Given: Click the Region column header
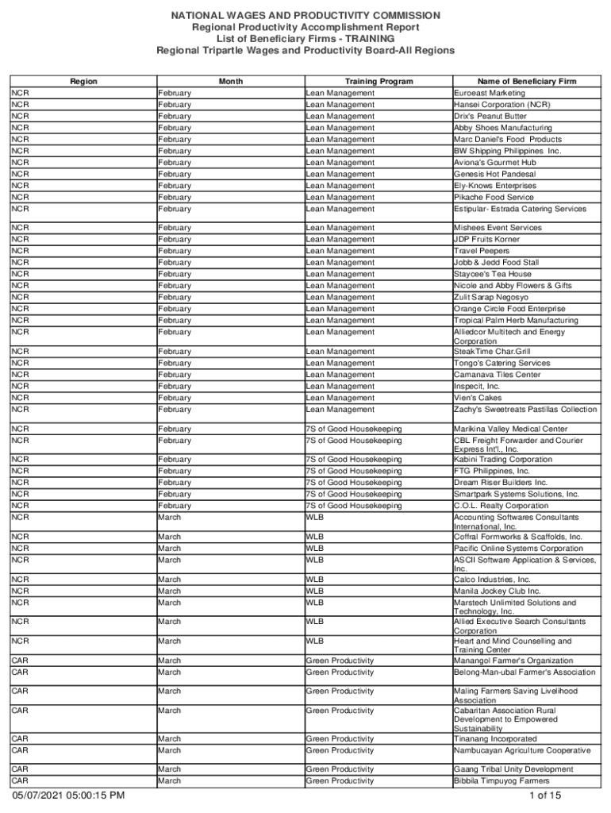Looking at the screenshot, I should [x=83, y=81].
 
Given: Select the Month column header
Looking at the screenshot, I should [x=231, y=81].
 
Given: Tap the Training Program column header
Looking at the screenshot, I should [x=379, y=81].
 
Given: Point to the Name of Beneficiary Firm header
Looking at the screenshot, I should [x=526, y=81].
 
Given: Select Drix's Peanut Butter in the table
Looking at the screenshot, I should [x=490, y=116].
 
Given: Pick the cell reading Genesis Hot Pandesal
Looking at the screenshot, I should [x=494, y=174].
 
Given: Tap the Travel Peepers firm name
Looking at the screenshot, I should [x=482, y=251].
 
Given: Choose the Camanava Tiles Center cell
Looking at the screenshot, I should [x=497, y=375].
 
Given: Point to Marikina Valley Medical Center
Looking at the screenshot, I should [x=510, y=429].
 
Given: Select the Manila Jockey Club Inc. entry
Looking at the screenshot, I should [x=497, y=591].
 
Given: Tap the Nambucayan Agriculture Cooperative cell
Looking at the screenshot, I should [x=522, y=750].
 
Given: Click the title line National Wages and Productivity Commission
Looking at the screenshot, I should [x=305, y=16].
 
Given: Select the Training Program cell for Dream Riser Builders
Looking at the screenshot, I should [x=354, y=483].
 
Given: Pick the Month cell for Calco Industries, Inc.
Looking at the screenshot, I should [x=169, y=580].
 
